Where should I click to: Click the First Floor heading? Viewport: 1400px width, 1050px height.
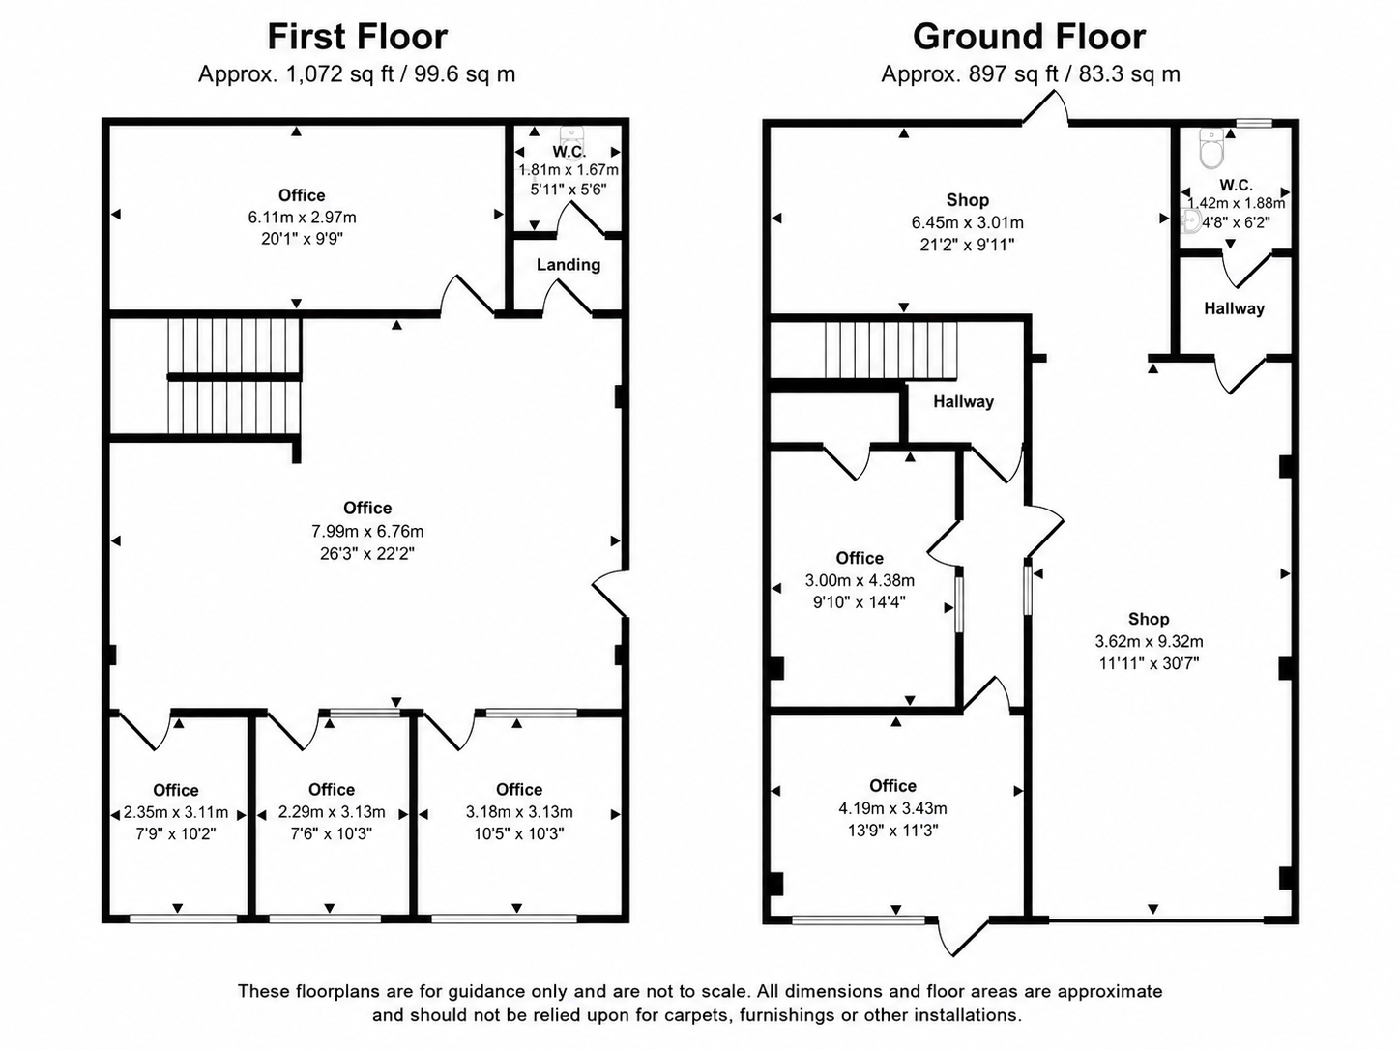[x=357, y=37]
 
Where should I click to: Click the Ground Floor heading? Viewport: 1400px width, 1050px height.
[x=1030, y=37]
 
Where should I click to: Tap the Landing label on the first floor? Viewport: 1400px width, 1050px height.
[x=569, y=265]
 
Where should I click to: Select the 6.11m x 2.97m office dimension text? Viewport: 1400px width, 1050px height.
[x=302, y=218]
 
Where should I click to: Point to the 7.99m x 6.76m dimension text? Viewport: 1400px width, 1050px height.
[x=367, y=531]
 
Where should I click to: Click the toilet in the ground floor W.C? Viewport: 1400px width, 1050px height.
[x=1211, y=148]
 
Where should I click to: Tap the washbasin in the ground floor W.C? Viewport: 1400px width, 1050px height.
[x=1190, y=220]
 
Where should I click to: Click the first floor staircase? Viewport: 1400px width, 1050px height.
[x=234, y=376]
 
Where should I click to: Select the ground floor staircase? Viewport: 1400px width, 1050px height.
[x=892, y=350]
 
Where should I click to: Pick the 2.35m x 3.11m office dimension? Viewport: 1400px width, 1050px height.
[x=176, y=812]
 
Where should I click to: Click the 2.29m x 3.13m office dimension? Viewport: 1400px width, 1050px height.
[x=332, y=812]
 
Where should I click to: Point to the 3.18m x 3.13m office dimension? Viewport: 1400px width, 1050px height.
[x=519, y=812]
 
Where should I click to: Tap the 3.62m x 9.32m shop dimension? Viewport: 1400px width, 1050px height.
[x=1149, y=641]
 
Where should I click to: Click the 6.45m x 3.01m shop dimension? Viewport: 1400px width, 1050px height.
[x=968, y=222]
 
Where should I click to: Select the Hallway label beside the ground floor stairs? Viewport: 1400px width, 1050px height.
[x=963, y=401]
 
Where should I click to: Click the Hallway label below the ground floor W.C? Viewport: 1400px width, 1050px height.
[x=1234, y=308]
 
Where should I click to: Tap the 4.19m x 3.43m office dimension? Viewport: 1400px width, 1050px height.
[x=893, y=808]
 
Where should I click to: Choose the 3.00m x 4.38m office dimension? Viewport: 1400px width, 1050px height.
[x=860, y=580]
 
